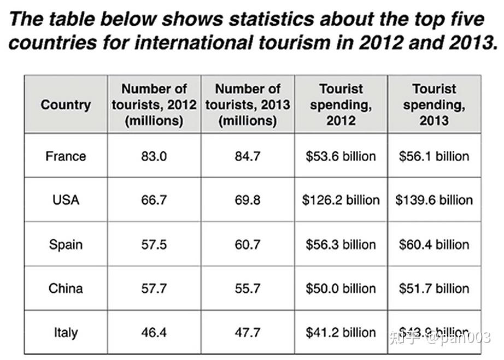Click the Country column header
click(x=66, y=104)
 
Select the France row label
click(x=66, y=156)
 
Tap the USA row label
click(x=66, y=200)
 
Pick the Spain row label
click(x=66, y=244)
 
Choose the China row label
click(x=66, y=288)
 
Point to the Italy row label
click(x=66, y=332)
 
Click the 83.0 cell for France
click(x=154, y=156)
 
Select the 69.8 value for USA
click(x=248, y=200)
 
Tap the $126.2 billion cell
click(x=341, y=200)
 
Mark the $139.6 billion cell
click(x=434, y=200)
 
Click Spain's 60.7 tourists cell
click(x=248, y=244)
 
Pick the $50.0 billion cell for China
click(x=341, y=288)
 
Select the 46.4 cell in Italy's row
click(x=154, y=332)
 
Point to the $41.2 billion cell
click(x=341, y=332)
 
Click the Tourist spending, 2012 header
click(x=341, y=104)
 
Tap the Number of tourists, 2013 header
click(x=248, y=104)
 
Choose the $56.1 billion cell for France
click(x=434, y=156)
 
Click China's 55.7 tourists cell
click(x=248, y=288)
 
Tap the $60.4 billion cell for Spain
click(x=434, y=244)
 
